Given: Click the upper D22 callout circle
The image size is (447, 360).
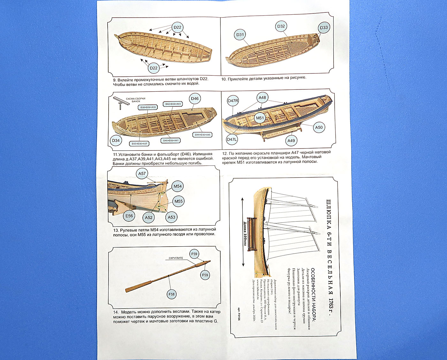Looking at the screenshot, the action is pos(177,27).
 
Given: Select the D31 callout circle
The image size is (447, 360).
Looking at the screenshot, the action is pos(240,35).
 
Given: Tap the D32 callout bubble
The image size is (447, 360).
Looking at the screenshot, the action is pos(281,27).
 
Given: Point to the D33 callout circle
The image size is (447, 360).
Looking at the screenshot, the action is pos(324,27).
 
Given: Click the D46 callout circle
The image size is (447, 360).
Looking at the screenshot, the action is pos(195,99).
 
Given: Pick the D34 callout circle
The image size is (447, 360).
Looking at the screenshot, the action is pos(116,140).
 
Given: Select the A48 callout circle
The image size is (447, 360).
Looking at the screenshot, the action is pos(262,98).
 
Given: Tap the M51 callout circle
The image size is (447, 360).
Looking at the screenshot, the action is pos(260,118).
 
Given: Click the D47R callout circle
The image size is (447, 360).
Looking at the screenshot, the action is pos(233,101).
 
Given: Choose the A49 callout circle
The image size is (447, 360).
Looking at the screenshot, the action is pos(291,141).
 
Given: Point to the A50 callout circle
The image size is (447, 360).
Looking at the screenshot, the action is pos(319,127).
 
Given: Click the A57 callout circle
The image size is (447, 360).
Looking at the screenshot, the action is pos(142,174).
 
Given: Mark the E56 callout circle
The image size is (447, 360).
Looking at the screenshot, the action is pos(129,216).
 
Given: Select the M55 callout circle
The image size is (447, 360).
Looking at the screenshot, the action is pos(178,201).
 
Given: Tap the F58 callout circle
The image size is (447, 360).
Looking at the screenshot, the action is pos(171,294).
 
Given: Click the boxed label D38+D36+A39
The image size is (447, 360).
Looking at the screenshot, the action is pos(148,107).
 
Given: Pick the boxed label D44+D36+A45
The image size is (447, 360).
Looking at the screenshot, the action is pos(203,135).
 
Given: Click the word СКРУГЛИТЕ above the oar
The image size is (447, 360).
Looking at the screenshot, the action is pos(176,258).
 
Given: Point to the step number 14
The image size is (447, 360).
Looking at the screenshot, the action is pos(116,312).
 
